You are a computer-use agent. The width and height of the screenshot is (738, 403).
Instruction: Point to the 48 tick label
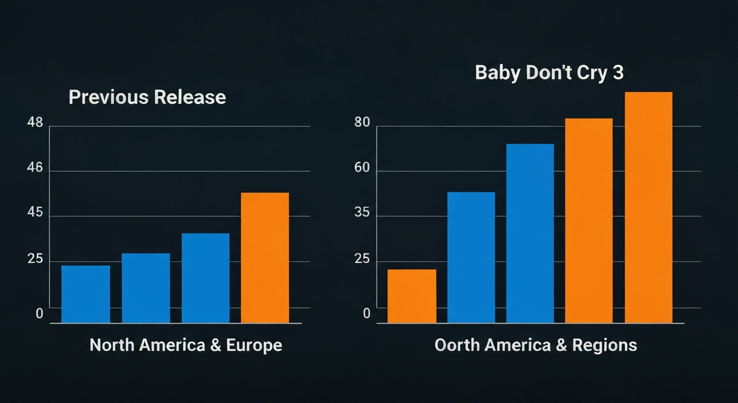pyautogui.click(x=35, y=123)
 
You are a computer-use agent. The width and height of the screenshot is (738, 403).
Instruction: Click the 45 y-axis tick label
pyautogui.click(x=35, y=214)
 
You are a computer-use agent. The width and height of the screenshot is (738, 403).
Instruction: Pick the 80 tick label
pyautogui.click(x=362, y=123)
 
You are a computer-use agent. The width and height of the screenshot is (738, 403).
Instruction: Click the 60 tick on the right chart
pyautogui.click(x=362, y=168)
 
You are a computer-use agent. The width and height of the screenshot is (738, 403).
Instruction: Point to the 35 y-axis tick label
pyautogui.click(x=362, y=214)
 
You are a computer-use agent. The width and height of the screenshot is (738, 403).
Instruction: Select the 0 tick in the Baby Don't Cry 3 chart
pyautogui.click(x=367, y=314)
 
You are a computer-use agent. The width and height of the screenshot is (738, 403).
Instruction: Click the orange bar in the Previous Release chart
pyautogui.click(x=265, y=258)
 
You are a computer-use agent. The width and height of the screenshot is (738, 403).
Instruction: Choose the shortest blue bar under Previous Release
pyautogui.click(x=85, y=294)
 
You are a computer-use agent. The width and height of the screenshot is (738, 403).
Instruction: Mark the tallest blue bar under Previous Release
pyautogui.click(x=205, y=278)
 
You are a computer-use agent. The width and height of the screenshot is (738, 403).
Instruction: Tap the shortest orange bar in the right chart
pyautogui.click(x=411, y=296)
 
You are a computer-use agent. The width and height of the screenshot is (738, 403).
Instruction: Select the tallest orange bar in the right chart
pyautogui.click(x=648, y=207)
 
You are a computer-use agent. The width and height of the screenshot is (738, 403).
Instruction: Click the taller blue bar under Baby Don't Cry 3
pyautogui.click(x=530, y=233)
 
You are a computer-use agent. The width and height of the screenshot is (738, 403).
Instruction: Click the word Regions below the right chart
pyautogui.click(x=604, y=345)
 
